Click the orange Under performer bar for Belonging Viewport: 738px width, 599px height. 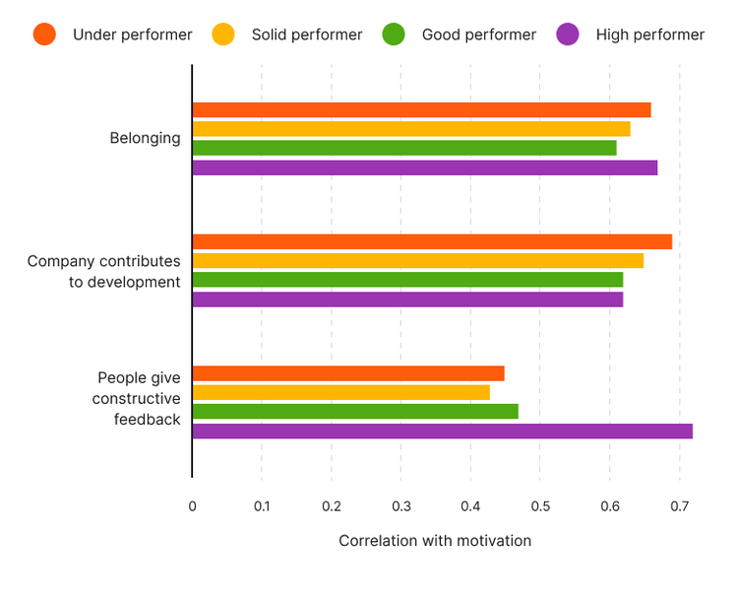(x=421, y=110)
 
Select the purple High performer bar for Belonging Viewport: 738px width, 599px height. (x=424, y=167)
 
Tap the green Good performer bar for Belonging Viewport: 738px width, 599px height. (x=404, y=148)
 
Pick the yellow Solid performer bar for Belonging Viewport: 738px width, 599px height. (x=411, y=129)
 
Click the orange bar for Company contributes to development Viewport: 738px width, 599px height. (x=432, y=242)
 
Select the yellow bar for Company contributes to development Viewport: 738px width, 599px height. (x=417, y=261)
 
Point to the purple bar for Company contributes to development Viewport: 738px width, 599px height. (x=407, y=299)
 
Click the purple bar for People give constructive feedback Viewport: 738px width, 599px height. (x=442, y=432)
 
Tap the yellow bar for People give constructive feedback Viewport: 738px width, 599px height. (x=340, y=392)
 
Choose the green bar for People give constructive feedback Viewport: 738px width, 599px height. (x=355, y=412)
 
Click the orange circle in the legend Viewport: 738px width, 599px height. (x=44, y=34)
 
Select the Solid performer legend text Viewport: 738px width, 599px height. (x=307, y=34)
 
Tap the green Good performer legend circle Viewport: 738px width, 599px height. (x=394, y=34)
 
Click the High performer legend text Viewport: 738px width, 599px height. (x=649, y=34)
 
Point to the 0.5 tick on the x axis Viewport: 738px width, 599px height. (x=540, y=506)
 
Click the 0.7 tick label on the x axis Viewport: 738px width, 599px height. (x=679, y=506)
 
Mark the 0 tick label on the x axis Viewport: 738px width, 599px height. (x=192, y=506)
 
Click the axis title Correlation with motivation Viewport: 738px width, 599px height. (x=435, y=541)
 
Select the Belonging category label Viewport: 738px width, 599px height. (x=145, y=138)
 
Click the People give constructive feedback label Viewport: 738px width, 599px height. (x=138, y=398)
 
